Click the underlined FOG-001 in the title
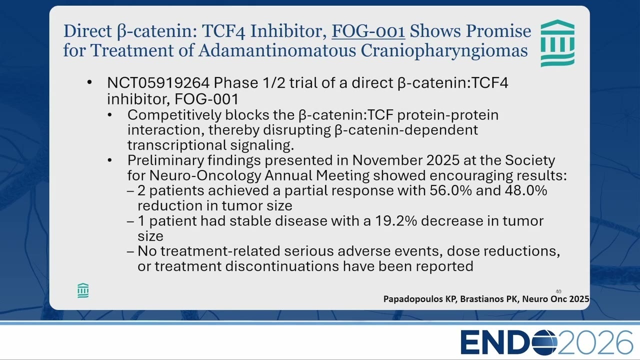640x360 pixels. [x=368, y=31]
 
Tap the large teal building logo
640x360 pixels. [x=557, y=43]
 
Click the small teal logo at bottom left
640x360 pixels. [x=83, y=291]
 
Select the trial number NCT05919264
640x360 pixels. [x=158, y=83]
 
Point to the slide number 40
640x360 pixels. [x=558, y=291]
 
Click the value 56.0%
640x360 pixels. [x=450, y=190]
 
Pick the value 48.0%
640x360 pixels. [x=525, y=190]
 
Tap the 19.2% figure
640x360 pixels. [x=396, y=221]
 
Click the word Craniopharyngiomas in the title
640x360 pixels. [x=444, y=51]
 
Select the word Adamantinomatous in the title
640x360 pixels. [x=277, y=50]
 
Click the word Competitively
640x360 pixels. [x=174, y=115]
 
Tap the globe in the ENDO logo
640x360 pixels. [x=544, y=342]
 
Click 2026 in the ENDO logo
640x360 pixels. [x=595, y=342]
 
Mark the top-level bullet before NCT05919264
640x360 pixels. [x=89, y=82]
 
